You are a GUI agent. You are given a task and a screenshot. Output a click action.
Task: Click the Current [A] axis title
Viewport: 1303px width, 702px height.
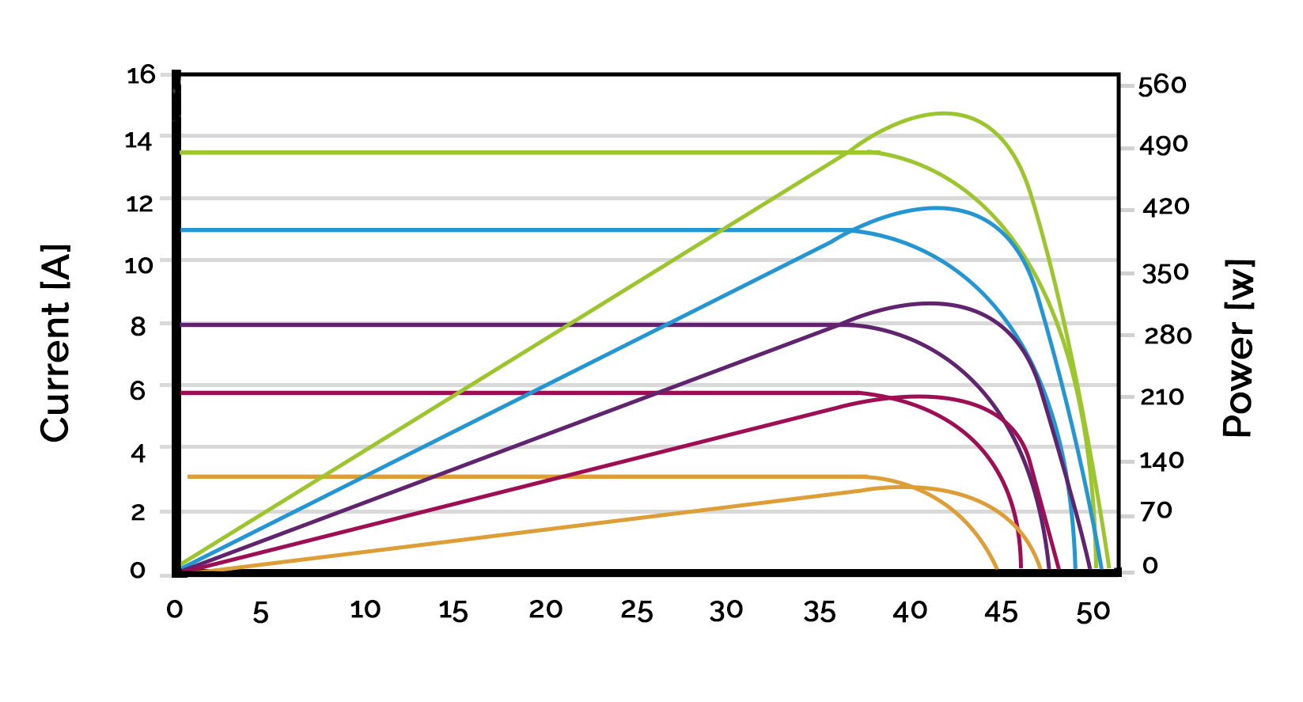pyautogui.click(x=55, y=343)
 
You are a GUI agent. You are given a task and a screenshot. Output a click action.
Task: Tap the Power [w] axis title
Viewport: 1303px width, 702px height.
pyautogui.click(x=1239, y=348)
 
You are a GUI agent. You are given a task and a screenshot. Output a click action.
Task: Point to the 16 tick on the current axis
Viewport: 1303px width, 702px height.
pyautogui.click(x=141, y=75)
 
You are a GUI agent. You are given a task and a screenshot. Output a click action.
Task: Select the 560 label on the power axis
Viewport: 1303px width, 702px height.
pyautogui.click(x=1162, y=85)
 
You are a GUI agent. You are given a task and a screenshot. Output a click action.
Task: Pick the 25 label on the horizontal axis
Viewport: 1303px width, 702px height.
pyautogui.click(x=637, y=611)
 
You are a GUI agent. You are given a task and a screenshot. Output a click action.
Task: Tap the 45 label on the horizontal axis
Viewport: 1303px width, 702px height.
pyautogui.click(x=1001, y=611)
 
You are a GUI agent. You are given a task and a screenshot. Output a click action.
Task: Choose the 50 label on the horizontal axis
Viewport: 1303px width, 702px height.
pyautogui.click(x=1093, y=612)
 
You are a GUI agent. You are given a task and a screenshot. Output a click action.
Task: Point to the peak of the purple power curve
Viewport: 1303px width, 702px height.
pyautogui.click(x=930, y=303)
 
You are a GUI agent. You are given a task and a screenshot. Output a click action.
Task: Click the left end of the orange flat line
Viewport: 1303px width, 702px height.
pyautogui.click(x=189, y=476)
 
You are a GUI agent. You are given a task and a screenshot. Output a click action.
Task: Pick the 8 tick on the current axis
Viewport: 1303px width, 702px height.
pyautogui.click(x=138, y=325)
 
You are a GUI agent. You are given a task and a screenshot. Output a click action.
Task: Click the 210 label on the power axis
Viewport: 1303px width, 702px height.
pyautogui.click(x=1161, y=397)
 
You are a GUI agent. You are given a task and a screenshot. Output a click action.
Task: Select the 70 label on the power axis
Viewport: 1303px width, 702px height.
pyautogui.click(x=1156, y=510)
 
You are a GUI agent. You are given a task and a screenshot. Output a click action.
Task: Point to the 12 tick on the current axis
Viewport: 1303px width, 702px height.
pyautogui.click(x=139, y=203)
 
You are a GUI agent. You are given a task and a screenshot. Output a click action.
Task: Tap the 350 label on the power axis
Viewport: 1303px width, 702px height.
pyautogui.click(x=1165, y=274)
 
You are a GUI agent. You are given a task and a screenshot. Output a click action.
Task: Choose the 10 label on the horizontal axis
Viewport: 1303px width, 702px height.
pyautogui.click(x=365, y=609)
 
